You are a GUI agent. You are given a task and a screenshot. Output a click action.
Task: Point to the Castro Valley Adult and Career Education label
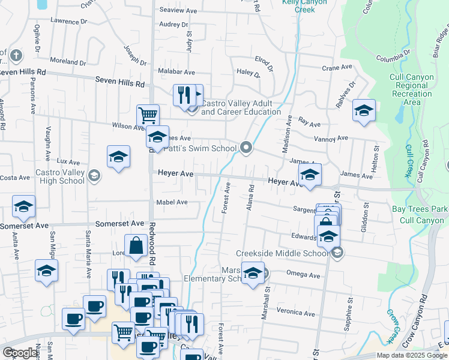tap(240, 107)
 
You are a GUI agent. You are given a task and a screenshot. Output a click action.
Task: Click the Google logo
tap(20, 353)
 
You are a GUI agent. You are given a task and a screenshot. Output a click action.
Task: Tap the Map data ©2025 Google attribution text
tap(411, 355)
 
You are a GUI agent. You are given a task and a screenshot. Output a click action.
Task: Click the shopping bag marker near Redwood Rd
tap(136, 246)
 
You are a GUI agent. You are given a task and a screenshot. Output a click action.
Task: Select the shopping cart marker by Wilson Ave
tap(148, 115)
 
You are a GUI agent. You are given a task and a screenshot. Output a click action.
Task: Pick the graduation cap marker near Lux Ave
tap(119, 157)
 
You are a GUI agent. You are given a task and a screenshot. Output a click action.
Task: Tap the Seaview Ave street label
tap(178, 11)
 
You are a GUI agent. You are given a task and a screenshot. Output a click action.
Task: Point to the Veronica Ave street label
tap(295, 313)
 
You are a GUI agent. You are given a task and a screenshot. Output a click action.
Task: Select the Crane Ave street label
tap(335, 68)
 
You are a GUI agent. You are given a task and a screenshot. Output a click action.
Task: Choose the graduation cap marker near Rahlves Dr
tap(364, 110)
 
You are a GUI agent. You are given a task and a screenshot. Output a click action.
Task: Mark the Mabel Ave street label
tap(172, 202)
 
